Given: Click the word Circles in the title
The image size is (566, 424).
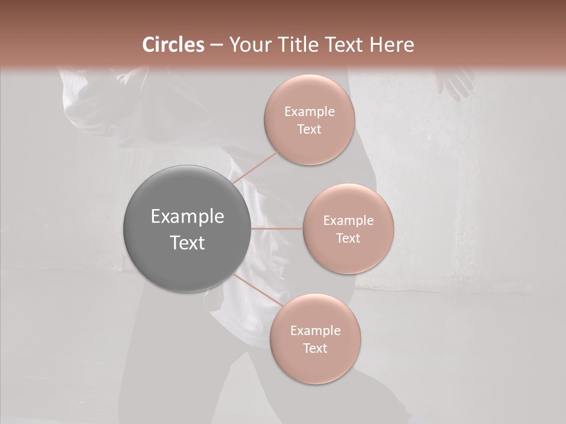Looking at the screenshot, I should [x=173, y=45].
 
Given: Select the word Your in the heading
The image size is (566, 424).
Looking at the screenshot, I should [x=248, y=45].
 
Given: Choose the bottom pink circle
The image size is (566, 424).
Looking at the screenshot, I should [x=315, y=368].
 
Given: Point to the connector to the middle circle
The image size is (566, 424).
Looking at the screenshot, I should [x=277, y=228].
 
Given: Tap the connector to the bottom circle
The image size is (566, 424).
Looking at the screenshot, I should [x=256, y=290].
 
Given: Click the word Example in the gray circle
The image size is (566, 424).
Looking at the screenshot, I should [x=187, y=217].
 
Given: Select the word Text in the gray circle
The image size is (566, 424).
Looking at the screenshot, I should [x=187, y=243].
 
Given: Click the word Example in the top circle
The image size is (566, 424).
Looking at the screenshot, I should [x=309, y=111].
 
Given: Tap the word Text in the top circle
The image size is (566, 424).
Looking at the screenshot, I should [x=309, y=129].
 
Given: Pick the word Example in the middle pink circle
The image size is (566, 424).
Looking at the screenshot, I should [x=348, y=221].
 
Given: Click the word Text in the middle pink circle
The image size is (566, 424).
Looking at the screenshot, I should [x=348, y=238].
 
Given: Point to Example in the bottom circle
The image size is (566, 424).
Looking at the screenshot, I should [x=315, y=330].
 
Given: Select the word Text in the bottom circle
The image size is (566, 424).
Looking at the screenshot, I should [x=315, y=348].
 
